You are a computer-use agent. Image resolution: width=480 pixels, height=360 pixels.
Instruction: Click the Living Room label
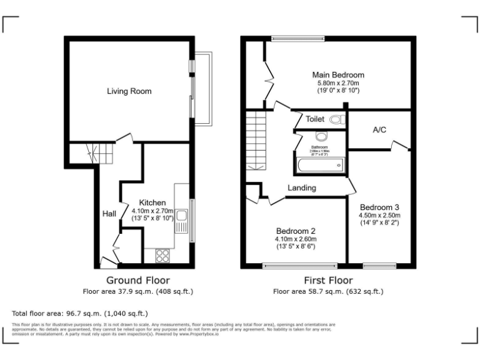129,91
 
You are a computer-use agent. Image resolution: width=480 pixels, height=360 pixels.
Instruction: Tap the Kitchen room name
152,202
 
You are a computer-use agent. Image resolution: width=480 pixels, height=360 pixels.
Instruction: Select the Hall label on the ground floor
109,214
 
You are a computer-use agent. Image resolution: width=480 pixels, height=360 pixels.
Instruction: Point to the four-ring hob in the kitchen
162,255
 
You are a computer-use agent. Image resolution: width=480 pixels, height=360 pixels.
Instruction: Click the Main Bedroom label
338,75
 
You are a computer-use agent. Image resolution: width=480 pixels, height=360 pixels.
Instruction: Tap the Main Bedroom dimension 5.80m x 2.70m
338,83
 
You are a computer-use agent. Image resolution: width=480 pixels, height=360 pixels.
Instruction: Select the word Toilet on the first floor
316,119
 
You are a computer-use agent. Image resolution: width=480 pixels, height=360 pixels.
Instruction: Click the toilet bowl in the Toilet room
336,119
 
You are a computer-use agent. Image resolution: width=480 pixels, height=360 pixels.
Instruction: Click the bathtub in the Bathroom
319,166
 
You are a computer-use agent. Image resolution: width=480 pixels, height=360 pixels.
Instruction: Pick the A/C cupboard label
379,131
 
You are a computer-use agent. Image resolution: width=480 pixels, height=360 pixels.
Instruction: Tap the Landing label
301,187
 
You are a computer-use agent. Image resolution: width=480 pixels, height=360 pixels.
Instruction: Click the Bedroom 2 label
296,231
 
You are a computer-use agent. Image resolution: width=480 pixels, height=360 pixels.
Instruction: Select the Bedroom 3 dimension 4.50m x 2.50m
379,215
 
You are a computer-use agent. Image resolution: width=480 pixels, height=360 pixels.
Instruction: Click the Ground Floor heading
137,280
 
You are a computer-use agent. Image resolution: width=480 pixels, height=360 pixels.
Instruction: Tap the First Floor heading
328,280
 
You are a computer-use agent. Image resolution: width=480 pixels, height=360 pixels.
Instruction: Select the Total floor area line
80,312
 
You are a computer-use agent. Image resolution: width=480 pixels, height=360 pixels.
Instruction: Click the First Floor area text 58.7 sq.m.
328,291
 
